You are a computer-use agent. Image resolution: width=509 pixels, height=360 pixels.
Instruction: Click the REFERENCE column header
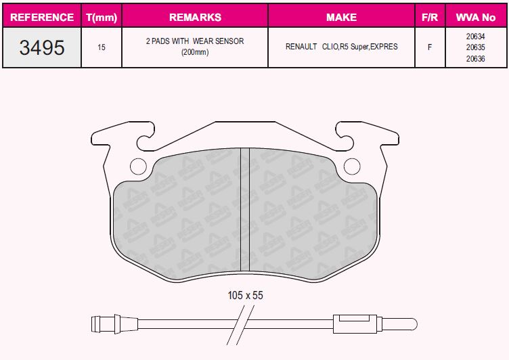(42, 17)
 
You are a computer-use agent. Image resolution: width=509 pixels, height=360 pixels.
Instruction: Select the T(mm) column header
(102, 17)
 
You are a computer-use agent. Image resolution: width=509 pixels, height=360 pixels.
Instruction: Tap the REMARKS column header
(195, 17)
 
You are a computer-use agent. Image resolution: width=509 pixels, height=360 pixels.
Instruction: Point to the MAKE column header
(341, 17)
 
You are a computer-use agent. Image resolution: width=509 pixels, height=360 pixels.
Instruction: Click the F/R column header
(429, 17)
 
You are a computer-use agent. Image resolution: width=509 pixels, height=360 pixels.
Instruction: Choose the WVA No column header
(476, 17)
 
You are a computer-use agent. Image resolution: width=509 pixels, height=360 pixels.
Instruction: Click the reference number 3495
(42, 47)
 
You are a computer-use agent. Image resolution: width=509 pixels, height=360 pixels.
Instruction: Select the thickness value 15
(102, 47)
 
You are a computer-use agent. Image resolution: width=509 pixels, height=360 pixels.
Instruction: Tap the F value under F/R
(429, 47)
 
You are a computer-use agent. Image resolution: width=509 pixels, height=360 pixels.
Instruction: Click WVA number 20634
(476, 37)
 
